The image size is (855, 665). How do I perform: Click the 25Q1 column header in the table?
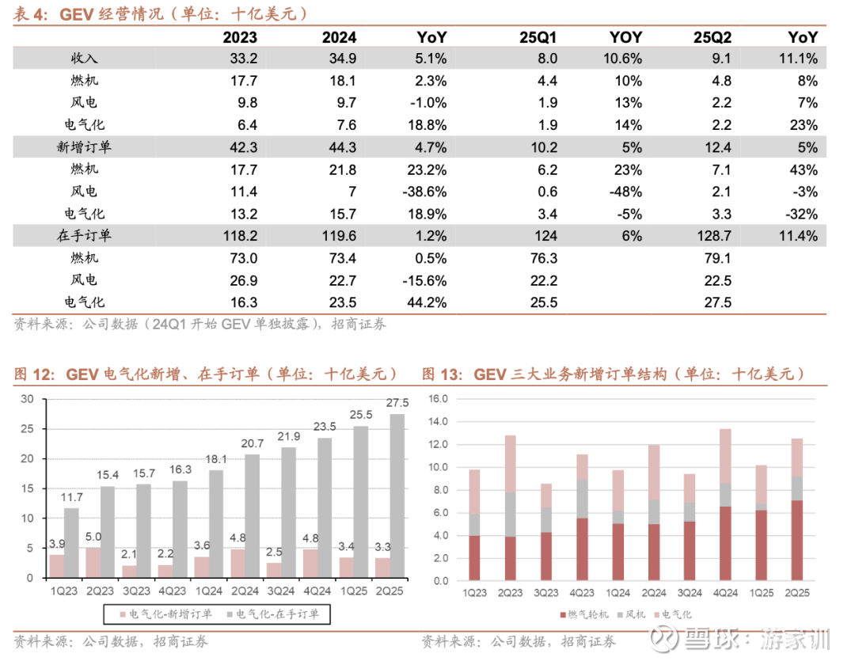538,36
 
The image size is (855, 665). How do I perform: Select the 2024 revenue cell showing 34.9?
342,58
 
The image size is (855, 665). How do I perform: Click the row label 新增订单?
85,146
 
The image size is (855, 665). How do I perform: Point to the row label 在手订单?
85,235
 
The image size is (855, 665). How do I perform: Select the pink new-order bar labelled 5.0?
93,562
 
